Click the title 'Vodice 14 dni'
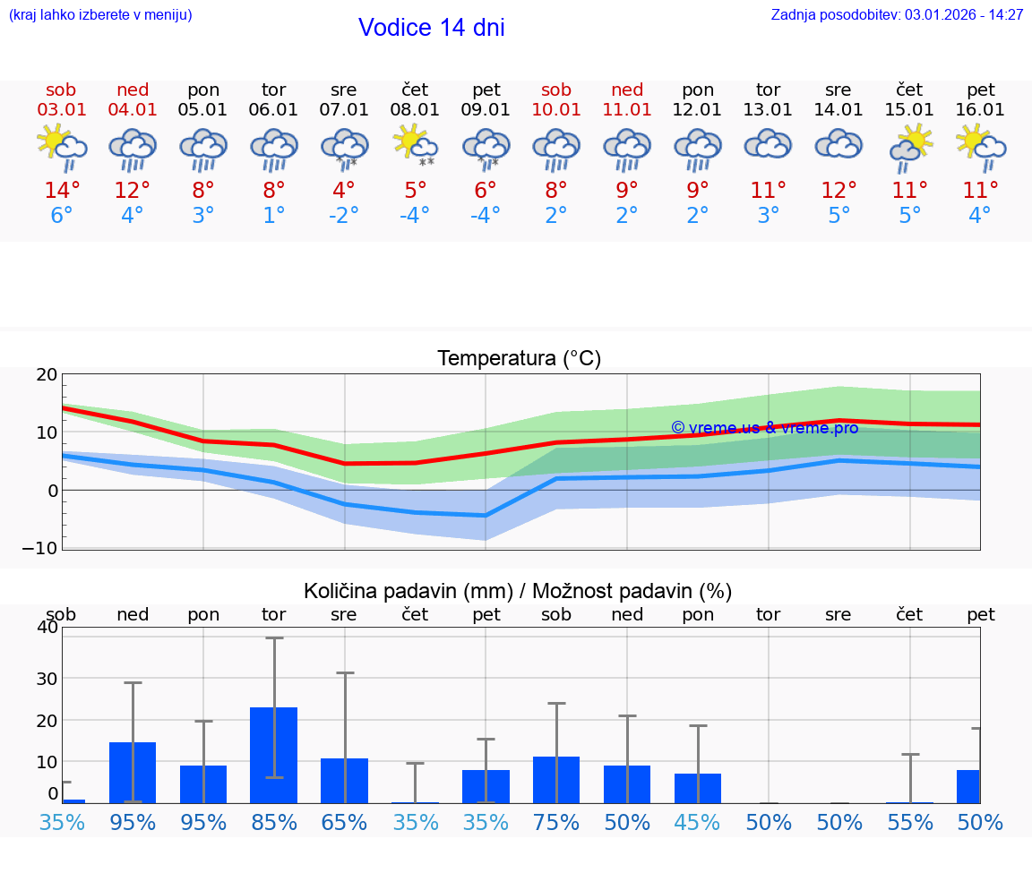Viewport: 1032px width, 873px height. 431,28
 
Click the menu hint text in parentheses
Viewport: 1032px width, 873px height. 100,15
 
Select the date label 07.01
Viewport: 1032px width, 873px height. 343,110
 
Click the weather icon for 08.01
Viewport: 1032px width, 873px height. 415,145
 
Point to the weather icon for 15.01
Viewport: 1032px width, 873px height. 910,147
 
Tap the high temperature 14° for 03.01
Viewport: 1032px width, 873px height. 62,191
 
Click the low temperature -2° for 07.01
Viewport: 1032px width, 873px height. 343,216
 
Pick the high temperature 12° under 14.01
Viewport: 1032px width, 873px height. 838,191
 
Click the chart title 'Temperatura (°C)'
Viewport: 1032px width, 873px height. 519,359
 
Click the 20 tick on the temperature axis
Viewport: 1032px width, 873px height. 47,375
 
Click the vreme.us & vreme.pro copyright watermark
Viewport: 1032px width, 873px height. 764,428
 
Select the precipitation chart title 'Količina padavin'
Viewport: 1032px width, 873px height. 518,591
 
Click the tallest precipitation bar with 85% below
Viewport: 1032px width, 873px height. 274,755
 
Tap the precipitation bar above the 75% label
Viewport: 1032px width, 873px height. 556,780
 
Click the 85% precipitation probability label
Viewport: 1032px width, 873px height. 274,823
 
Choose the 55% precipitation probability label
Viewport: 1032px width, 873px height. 910,823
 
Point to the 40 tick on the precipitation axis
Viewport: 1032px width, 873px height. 47,627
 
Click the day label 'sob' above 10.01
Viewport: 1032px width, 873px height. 556,90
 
